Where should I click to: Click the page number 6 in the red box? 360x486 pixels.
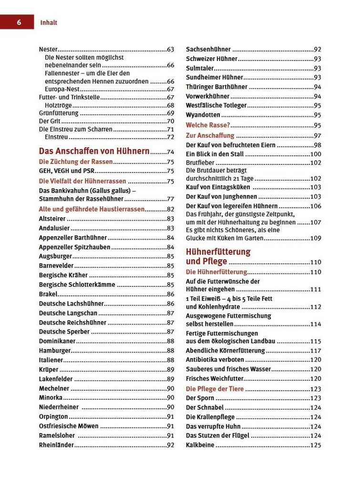point(19,22)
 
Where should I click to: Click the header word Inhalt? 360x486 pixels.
point(49,22)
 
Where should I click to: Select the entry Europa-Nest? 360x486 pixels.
point(62,89)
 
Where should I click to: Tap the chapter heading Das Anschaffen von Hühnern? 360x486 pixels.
point(94,151)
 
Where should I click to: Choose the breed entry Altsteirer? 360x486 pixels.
point(52,219)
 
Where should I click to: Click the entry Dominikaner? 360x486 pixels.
point(57,341)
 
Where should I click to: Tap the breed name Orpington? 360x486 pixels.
point(53,417)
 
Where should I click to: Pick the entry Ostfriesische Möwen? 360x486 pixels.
point(69,426)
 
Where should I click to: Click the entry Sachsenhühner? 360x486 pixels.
point(208,49)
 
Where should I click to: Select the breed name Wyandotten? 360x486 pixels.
point(203,115)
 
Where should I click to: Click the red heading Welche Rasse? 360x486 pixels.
point(208,125)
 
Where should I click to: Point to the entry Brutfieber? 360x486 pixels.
point(200,163)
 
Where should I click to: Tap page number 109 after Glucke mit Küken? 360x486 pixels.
point(316,238)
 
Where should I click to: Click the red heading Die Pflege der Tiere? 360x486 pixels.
point(215,389)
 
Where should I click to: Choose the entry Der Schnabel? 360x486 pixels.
point(205,408)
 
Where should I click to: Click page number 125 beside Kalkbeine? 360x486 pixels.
point(316,445)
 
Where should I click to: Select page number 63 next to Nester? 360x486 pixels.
point(171,49)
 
